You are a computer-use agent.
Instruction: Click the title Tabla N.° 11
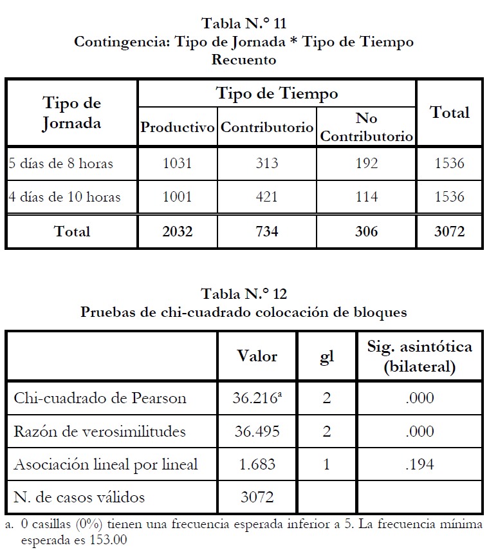coord(244,24)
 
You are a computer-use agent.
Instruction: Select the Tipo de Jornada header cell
coord(71,113)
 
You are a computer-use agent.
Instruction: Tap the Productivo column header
coord(177,128)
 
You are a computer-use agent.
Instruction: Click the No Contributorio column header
coord(366,128)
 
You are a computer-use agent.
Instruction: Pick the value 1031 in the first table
coord(177,163)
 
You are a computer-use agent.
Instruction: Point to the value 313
coord(266,163)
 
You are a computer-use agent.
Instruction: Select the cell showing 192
coord(366,163)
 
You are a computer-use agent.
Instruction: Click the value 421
coord(266,196)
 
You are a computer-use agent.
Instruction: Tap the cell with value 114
coord(366,196)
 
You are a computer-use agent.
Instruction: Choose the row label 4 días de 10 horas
coord(64,196)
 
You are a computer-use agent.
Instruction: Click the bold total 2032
coord(177,231)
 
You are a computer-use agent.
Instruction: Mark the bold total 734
coord(266,231)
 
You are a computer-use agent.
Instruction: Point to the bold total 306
coord(366,231)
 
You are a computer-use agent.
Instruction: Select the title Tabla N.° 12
coord(244,295)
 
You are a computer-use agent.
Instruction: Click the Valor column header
coord(257,356)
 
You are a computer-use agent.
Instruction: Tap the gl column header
coord(327,356)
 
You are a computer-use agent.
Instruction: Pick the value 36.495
coord(255,431)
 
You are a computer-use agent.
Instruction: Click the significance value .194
coord(420,464)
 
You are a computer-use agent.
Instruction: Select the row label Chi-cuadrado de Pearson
coord(100,398)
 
